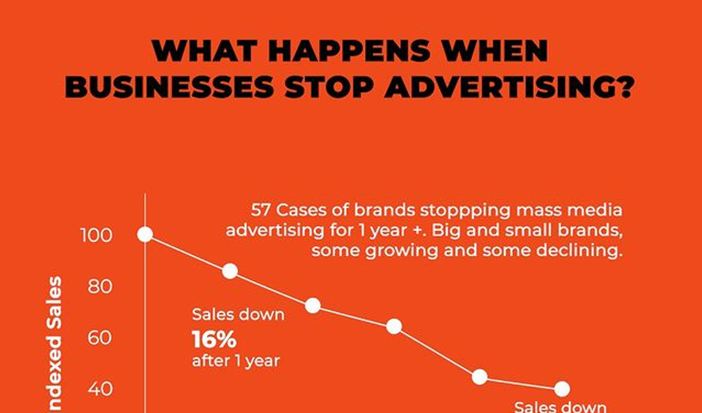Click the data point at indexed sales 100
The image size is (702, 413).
click(x=145, y=234)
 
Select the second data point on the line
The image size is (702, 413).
click(x=230, y=271)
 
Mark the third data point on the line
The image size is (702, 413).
click(x=313, y=305)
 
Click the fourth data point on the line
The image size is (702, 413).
click(x=394, y=326)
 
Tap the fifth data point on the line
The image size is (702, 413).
click(x=480, y=377)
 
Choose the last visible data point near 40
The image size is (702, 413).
click(x=562, y=389)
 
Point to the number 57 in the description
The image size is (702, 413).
click(x=263, y=210)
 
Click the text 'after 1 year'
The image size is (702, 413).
click(x=236, y=360)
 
